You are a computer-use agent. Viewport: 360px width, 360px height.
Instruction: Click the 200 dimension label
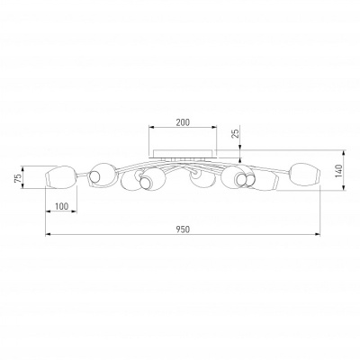(x=183, y=122)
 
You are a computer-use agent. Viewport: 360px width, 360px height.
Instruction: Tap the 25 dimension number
(x=237, y=133)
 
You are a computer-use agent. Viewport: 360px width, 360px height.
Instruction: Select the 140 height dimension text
(x=338, y=171)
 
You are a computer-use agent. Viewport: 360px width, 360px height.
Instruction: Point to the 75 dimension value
(x=18, y=178)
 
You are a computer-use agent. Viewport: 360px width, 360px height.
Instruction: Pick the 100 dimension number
(x=62, y=206)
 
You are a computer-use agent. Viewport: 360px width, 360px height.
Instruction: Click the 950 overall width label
(x=183, y=229)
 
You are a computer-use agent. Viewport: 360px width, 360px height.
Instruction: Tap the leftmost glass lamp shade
(x=60, y=177)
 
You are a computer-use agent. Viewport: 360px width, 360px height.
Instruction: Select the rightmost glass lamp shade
(x=305, y=175)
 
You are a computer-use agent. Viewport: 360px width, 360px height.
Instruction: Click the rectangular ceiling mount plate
(x=184, y=153)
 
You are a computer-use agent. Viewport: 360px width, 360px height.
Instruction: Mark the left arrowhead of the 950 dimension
(x=48, y=234)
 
